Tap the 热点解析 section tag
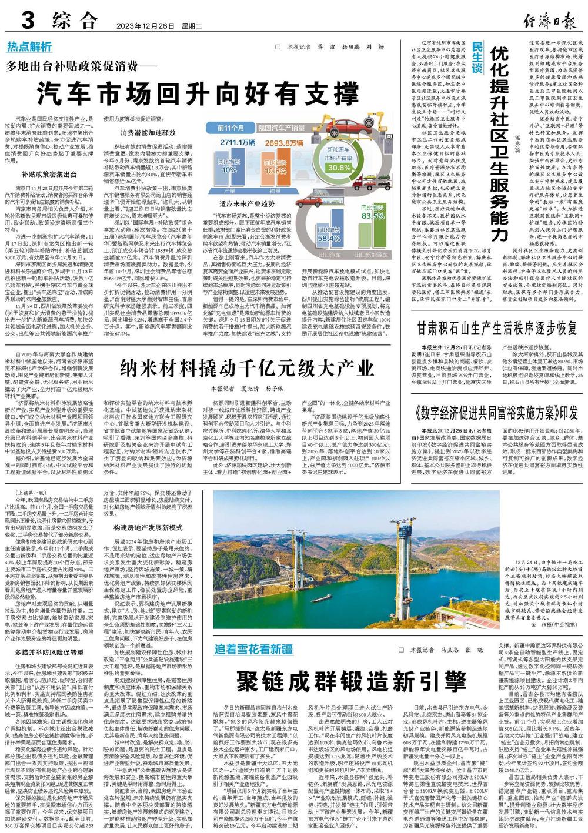(x=29, y=47)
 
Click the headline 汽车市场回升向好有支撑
(x=197, y=93)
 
